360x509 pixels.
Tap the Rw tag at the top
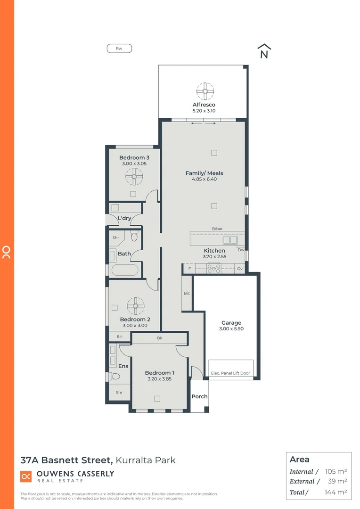click(119, 48)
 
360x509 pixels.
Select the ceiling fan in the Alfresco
click(205, 90)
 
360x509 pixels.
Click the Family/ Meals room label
click(204, 173)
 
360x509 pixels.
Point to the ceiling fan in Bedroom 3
click(134, 178)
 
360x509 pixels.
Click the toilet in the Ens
click(114, 376)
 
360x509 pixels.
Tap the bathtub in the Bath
click(124, 271)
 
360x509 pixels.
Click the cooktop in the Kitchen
click(214, 268)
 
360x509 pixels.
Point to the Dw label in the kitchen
click(241, 250)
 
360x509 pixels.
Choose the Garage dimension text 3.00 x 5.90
click(231, 329)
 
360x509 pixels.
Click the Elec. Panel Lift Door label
click(231, 373)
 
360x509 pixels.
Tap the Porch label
click(199, 396)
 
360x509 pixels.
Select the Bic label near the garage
click(187, 293)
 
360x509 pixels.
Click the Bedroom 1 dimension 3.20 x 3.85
click(159, 379)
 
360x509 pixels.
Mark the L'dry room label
click(124, 218)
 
